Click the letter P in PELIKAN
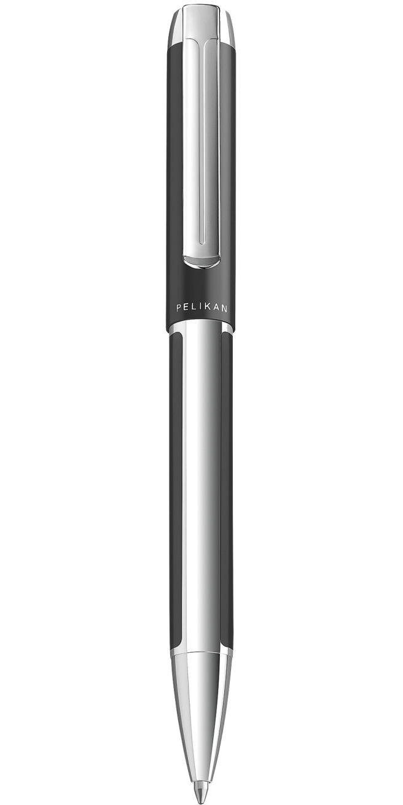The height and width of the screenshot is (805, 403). [x=178, y=308]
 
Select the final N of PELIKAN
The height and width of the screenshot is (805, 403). [x=224, y=308]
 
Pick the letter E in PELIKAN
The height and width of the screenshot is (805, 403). [x=186, y=308]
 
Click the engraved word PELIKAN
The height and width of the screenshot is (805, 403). [x=202, y=308]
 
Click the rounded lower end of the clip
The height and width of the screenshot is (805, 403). [x=201, y=261]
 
